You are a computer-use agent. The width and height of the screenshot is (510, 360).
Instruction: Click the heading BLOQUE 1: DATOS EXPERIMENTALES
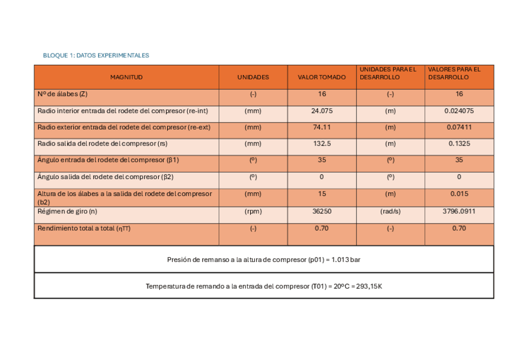(x=96, y=55)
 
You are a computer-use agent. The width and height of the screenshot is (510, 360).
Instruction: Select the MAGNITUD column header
(x=126, y=78)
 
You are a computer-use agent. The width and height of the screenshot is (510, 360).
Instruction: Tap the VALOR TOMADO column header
(x=322, y=78)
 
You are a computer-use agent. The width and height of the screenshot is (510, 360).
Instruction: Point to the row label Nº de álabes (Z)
(x=63, y=94)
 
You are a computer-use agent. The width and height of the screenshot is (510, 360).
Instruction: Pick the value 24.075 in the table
(x=322, y=111)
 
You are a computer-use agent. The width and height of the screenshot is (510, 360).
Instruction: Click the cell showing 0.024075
(x=459, y=111)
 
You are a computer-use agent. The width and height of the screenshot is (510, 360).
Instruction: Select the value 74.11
(x=322, y=127)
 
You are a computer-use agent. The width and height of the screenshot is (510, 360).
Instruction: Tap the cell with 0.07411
(x=459, y=127)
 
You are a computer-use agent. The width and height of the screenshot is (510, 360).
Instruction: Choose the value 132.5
(x=322, y=144)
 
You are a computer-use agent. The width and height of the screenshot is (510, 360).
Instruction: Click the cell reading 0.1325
(x=459, y=144)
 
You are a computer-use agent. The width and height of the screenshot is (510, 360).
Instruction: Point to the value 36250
(x=322, y=212)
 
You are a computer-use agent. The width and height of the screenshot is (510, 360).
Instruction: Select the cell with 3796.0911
(x=459, y=212)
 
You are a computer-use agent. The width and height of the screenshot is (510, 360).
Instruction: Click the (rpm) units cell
(x=253, y=212)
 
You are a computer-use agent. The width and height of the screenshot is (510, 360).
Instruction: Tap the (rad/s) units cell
(x=390, y=212)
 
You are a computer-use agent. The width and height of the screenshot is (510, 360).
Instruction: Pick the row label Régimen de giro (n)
(x=67, y=212)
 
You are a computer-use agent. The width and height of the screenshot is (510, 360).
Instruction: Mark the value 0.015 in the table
(x=459, y=194)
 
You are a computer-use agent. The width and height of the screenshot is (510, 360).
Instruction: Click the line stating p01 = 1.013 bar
(x=263, y=260)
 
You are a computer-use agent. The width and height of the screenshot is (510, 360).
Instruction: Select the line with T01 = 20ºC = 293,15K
(x=263, y=286)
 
